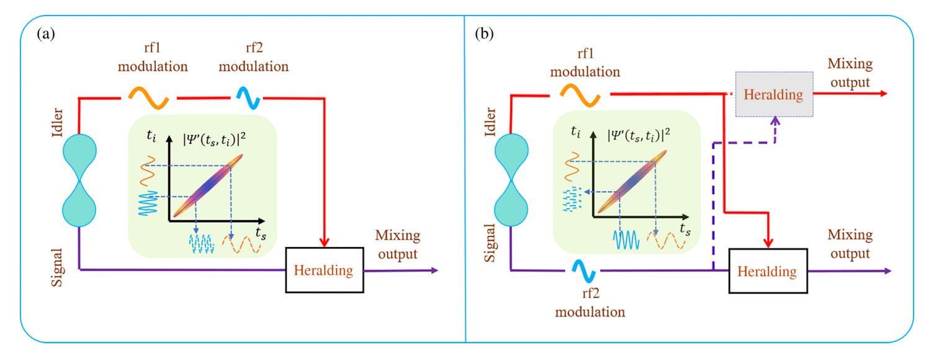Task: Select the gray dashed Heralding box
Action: pyautogui.click(x=774, y=95)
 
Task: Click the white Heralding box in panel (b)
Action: pyautogui.click(x=767, y=271)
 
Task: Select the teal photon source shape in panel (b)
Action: pyautogui.click(x=511, y=180)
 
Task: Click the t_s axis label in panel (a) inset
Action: pyautogui.click(x=261, y=232)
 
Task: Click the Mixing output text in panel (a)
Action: pyautogui.click(x=397, y=245)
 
